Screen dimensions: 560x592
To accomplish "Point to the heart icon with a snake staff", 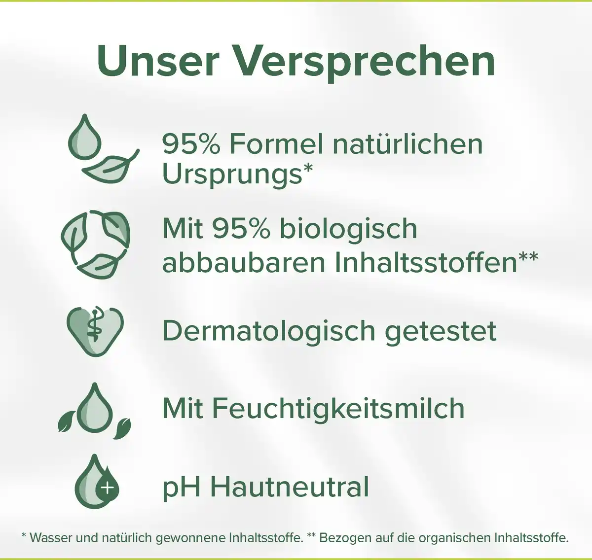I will [95, 327].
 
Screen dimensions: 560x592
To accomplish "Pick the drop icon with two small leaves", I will [94, 409].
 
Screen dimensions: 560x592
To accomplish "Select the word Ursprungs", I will [232, 175].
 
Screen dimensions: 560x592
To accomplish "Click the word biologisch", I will [348, 229].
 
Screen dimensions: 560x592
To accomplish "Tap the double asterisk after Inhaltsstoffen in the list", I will [528, 257].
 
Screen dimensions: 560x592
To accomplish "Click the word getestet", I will [440, 331].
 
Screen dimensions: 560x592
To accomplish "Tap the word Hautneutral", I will [290, 487].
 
